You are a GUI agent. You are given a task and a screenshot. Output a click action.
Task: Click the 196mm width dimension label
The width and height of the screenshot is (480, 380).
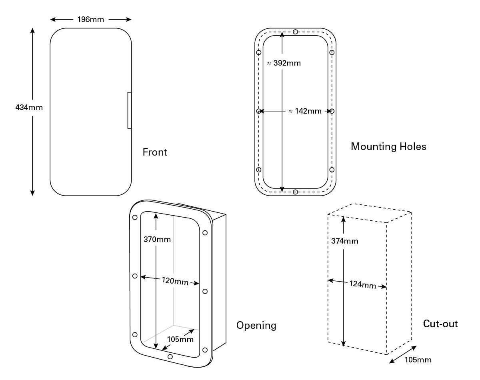tap(90, 20)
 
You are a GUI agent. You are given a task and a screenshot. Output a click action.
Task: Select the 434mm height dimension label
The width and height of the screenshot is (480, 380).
tap(29, 108)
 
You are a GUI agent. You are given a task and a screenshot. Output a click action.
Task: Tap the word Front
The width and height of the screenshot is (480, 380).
tap(154, 152)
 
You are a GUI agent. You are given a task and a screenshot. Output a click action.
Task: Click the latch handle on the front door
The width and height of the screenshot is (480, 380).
tap(129, 110)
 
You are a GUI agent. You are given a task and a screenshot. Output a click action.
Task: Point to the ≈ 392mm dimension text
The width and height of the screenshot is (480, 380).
tap(284, 63)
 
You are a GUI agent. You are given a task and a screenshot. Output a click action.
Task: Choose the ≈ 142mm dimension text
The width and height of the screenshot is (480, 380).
tap(305, 111)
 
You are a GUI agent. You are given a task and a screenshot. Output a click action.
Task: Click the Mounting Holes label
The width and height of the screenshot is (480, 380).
tap(388, 147)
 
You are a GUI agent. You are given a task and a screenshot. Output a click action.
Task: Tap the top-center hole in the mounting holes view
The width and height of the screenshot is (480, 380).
tap(295, 32)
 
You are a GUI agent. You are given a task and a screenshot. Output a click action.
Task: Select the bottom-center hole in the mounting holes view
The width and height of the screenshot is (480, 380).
tap(295, 192)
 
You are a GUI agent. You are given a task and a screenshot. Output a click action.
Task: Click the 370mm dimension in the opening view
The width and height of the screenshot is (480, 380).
tap(157, 240)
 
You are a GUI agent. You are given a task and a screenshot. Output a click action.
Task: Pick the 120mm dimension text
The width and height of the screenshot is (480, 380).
tap(175, 281)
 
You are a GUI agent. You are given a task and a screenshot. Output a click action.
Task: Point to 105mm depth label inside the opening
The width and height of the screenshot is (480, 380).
tap(180, 339)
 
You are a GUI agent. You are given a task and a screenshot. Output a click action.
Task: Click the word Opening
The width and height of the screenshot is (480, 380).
tap(256, 326)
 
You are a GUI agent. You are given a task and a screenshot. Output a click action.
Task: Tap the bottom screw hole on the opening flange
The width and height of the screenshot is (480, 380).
tap(170, 356)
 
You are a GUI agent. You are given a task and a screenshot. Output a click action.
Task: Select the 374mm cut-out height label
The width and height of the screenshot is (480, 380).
tap(345, 241)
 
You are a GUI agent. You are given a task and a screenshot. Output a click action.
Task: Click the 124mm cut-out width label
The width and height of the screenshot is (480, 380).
tap(363, 284)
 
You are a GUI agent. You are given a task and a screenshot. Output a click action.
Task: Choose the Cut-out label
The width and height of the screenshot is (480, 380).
tap(440, 324)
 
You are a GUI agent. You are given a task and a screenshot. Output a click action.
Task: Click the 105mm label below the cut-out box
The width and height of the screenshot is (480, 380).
tap(418, 360)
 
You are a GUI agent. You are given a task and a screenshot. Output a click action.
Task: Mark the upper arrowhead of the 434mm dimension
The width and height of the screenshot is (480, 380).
tap(32, 31)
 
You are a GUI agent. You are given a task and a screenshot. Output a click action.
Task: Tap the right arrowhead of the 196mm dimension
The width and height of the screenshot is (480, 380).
tap(129, 20)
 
